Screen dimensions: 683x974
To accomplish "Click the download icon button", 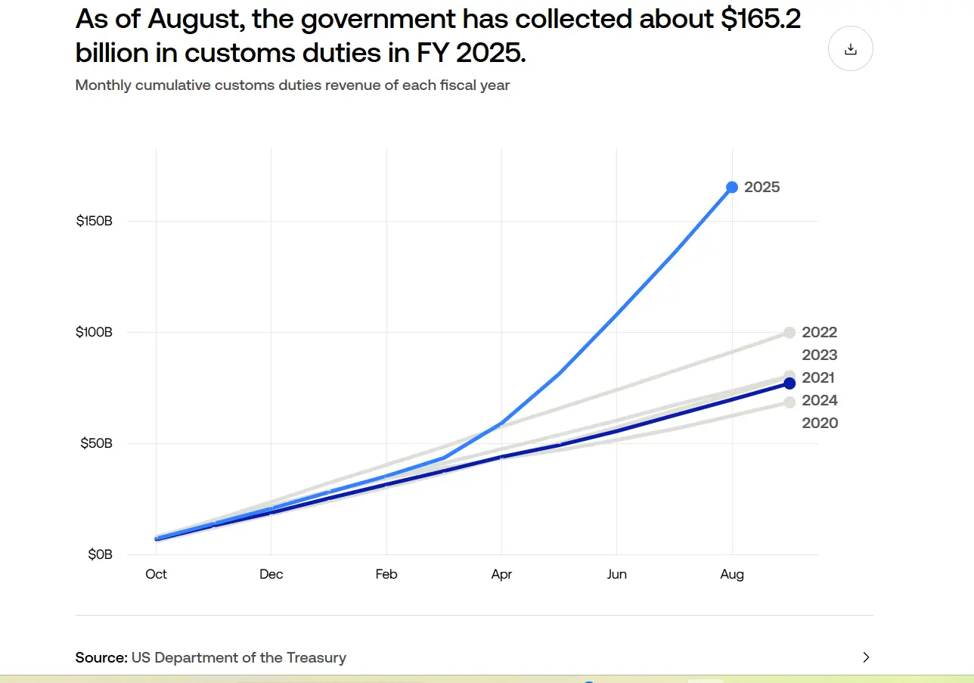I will click(x=851, y=49).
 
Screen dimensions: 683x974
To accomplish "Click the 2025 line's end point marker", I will click(x=732, y=187).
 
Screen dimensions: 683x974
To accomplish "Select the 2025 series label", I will click(x=762, y=188).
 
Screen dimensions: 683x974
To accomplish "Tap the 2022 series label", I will click(x=819, y=333).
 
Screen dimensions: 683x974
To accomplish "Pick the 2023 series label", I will click(x=819, y=355).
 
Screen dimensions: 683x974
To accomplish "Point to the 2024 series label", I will click(x=819, y=401).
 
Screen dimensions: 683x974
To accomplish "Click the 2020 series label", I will click(x=819, y=424).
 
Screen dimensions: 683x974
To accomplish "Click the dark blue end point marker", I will click(x=789, y=383).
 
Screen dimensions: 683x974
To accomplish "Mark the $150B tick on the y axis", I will click(x=95, y=222).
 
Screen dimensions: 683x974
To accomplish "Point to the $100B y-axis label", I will click(x=95, y=333).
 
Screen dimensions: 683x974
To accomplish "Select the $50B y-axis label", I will click(x=96, y=443).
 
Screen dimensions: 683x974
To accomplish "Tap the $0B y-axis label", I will click(x=99, y=554).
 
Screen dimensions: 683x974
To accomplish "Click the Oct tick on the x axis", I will click(x=156, y=574).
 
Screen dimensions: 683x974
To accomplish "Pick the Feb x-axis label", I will click(x=386, y=574).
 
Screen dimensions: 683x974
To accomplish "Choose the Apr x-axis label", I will click(x=501, y=574).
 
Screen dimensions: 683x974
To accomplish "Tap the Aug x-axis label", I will click(x=732, y=574).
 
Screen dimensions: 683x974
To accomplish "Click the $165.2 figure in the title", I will click(x=759, y=20).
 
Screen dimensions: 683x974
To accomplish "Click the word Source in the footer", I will click(x=101, y=657).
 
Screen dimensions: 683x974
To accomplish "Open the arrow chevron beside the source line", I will click(x=866, y=657).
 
